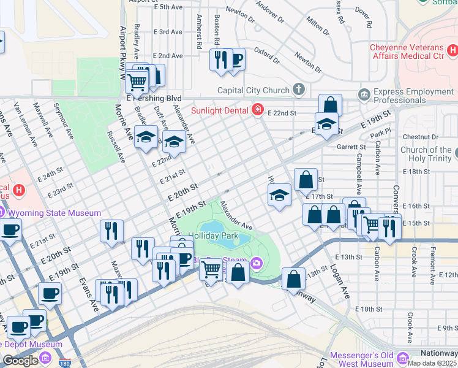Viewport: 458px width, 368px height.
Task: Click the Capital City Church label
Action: click(252, 90)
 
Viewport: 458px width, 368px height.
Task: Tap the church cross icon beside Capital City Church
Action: click(298, 90)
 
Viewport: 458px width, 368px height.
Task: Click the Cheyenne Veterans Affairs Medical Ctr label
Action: click(415, 52)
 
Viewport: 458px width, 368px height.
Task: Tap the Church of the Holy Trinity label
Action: click(426, 154)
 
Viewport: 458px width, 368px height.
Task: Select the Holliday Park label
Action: click(211, 236)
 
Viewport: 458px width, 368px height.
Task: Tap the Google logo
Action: click(20, 360)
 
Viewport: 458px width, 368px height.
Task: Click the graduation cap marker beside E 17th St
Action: click(279, 196)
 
